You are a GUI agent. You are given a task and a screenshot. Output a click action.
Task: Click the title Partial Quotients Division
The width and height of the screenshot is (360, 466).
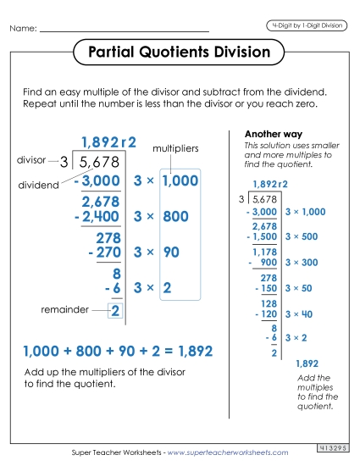179,53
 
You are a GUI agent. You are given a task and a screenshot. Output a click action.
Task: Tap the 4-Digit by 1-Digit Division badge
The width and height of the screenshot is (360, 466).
305,25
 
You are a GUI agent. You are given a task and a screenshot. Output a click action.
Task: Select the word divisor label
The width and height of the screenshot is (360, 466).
31,159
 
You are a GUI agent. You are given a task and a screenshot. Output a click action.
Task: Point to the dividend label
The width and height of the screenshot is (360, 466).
36,184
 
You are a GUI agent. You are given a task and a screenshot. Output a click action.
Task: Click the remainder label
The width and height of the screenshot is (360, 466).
64,310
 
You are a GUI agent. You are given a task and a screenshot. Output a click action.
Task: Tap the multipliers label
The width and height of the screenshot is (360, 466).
175,148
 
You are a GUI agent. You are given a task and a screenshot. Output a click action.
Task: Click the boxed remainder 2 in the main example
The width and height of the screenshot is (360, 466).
115,311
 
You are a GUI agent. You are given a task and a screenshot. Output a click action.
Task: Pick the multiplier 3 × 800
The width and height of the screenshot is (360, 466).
162,217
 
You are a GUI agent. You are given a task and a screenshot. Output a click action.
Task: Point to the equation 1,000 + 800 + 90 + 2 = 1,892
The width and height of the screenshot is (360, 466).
118,351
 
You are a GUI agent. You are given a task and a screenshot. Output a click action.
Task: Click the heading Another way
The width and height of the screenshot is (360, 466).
269,134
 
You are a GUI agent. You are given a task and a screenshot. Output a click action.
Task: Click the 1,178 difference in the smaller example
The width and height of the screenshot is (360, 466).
265,252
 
